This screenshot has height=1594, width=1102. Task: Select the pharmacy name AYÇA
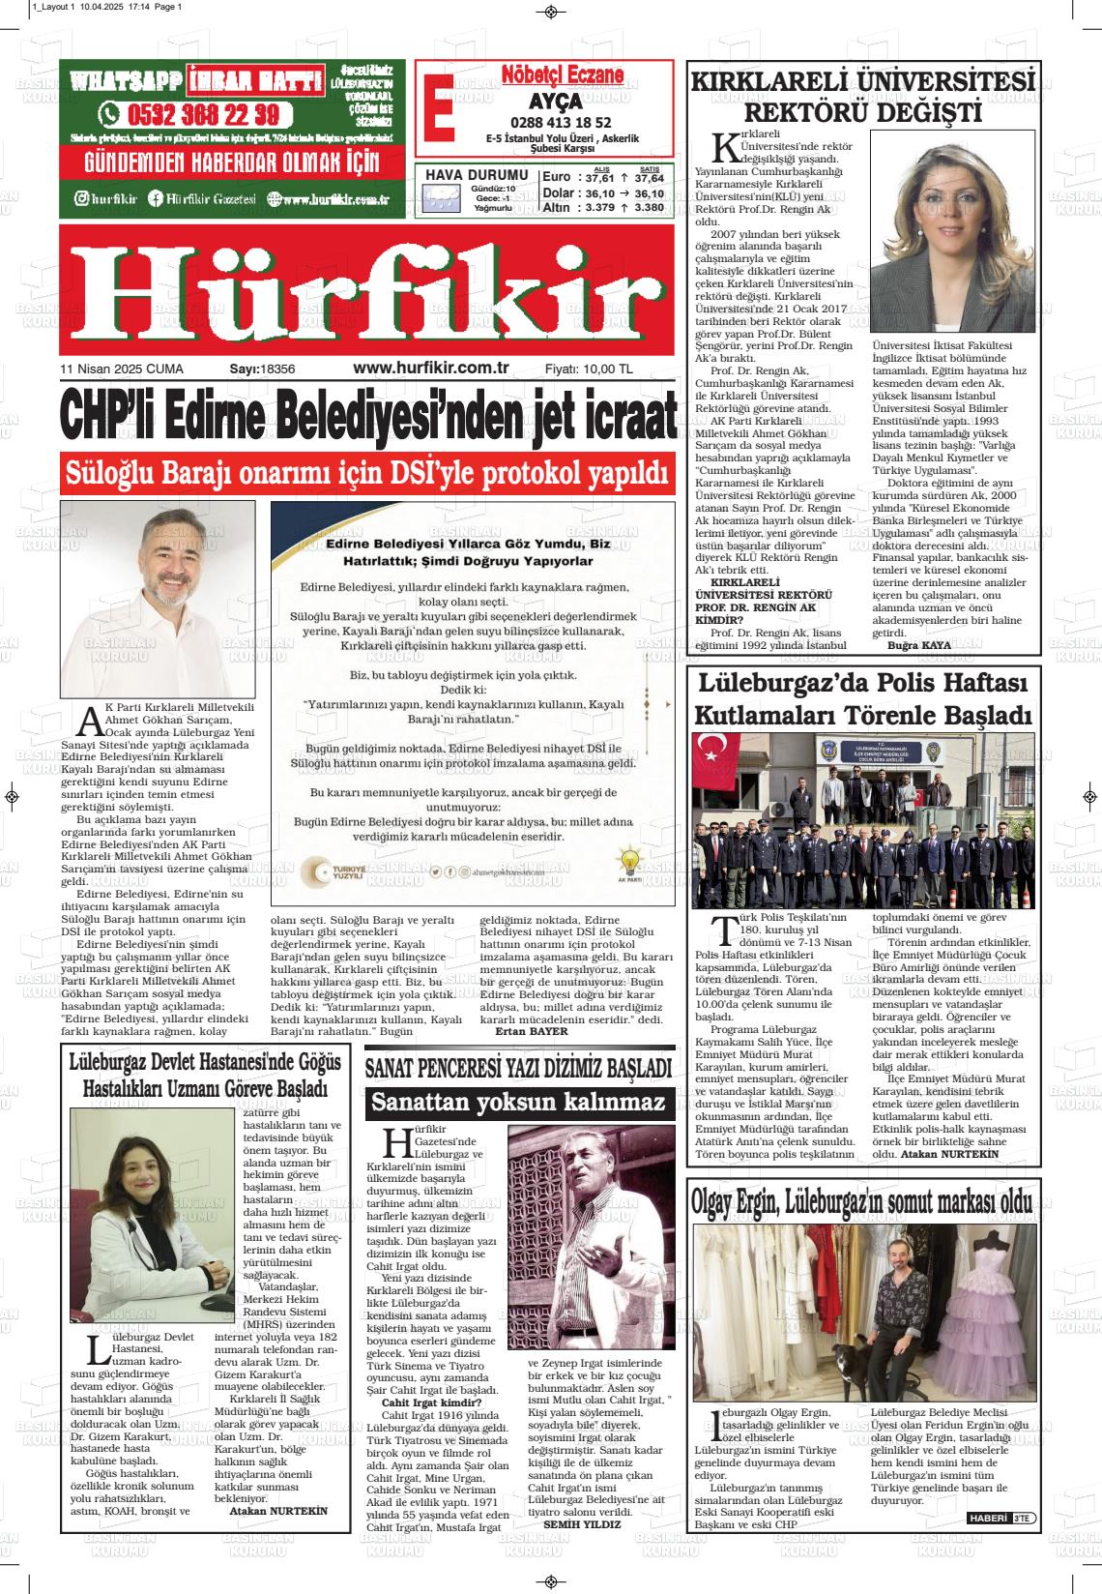(555, 102)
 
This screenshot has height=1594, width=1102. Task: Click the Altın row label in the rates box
(557, 207)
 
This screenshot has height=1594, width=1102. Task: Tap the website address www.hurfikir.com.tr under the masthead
(431, 368)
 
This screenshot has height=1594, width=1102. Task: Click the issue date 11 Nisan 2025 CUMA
(122, 369)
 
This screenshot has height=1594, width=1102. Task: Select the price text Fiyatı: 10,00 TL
(589, 369)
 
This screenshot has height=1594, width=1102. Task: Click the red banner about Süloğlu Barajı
(366, 474)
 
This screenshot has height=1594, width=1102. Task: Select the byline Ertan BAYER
(531, 1032)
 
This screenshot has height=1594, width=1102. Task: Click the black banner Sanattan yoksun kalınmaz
(519, 1102)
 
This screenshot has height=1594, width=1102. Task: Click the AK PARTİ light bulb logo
(629, 863)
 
